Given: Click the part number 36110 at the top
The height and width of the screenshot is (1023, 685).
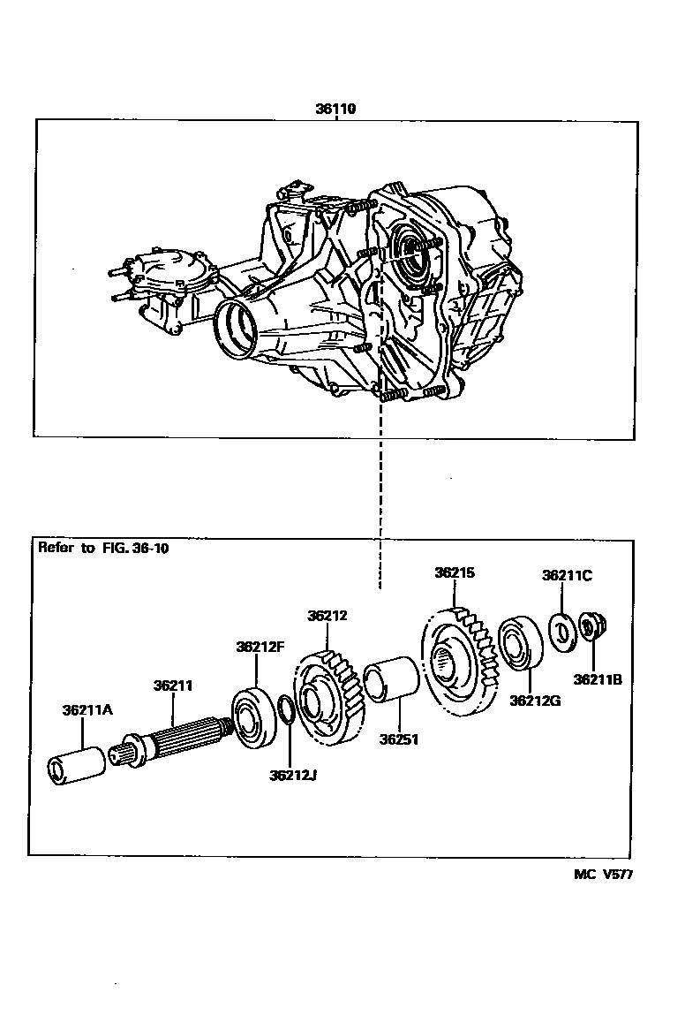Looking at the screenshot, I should pos(335,110).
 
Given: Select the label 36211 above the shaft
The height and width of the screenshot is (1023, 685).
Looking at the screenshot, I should pos(173,685).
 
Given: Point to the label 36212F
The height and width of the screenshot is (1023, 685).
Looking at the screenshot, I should pos(260,646).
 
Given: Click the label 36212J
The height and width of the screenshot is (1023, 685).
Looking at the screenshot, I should pos(292,776).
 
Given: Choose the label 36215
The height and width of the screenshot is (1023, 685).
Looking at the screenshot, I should pos(455,572).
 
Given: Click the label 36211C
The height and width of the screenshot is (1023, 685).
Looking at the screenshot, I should pos(567,575).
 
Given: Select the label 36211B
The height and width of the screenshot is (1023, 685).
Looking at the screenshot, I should pos(598,679).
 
